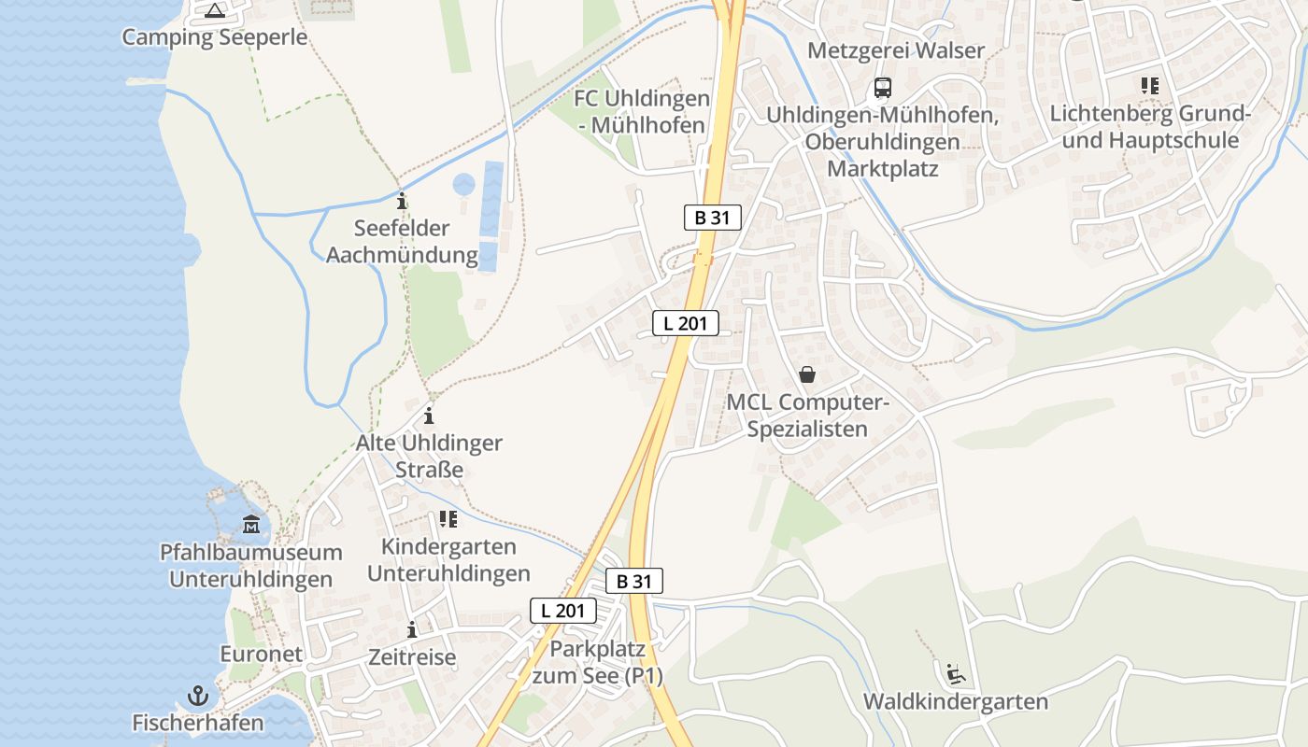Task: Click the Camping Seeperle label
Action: tap(215, 37)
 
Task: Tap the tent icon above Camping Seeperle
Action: tap(215, 11)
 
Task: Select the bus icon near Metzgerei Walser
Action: tap(883, 88)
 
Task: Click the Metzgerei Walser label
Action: tap(896, 50)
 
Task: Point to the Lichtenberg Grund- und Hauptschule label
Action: tap(1150, 127)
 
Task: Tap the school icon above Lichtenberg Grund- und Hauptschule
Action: tap(1150, 86)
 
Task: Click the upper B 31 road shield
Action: tap(712, 218)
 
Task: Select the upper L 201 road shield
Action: tap(685, 323)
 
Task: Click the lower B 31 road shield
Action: tap(633, 581)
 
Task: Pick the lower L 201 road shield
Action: tap(562, 611)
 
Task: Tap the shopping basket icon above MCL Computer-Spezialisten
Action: tap(807, 374)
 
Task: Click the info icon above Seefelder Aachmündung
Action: tap(402, 201)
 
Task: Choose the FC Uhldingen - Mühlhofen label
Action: tap(642, 111)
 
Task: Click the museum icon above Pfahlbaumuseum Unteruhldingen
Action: tap(251, 524)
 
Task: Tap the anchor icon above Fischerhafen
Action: tap(197, 696)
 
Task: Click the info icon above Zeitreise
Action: tap(412, 629)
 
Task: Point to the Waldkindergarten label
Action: tap(956, 701)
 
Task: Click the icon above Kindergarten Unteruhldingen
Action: tap(448, 519)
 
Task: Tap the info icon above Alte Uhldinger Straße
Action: tap(429, 416)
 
